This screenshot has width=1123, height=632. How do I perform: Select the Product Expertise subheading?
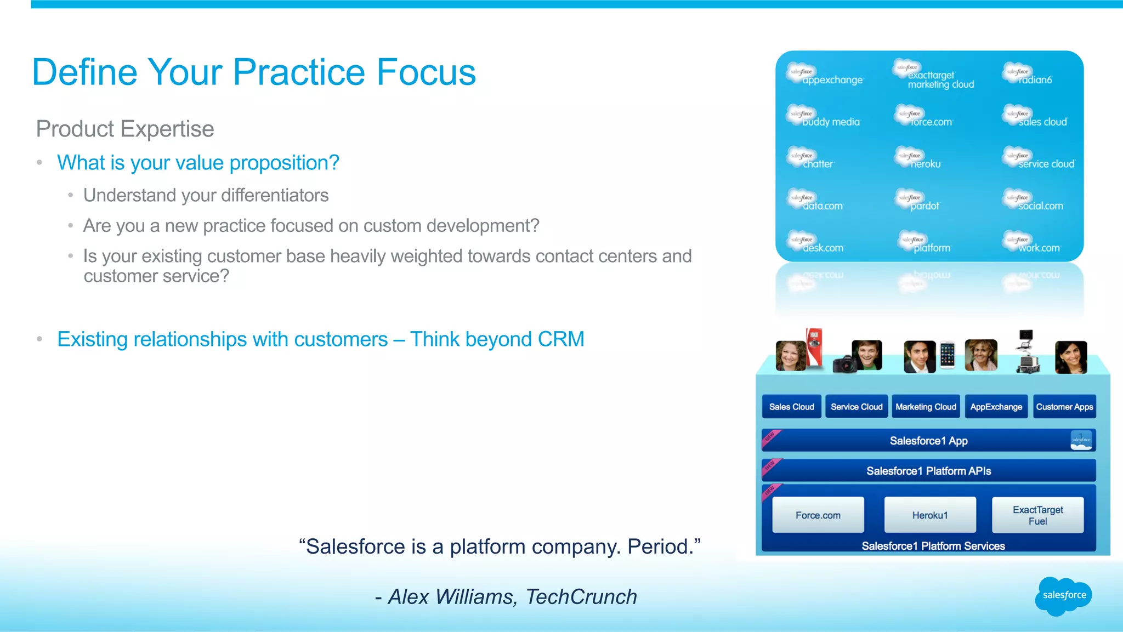point(125,129)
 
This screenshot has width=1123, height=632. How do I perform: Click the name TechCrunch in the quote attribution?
point(581,597)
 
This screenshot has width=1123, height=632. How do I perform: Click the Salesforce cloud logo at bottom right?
point(1063,595)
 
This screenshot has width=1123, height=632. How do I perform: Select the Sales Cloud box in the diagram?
point(791,407)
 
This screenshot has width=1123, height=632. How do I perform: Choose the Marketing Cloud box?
point(926,407)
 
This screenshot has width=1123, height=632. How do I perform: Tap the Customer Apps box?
point(1064,407)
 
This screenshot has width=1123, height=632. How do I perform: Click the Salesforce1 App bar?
point(928,441)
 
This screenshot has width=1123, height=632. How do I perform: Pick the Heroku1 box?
point(929,515)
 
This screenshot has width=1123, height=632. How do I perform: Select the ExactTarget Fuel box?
point(1037,515)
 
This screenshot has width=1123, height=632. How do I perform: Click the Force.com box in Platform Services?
point(818,515)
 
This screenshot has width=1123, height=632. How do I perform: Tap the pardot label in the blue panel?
point(925,206)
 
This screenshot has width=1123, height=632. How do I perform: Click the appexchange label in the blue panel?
point(832,80)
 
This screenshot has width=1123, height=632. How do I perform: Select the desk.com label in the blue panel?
point(823,248)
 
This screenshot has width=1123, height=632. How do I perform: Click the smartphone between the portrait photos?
point(947,355)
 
